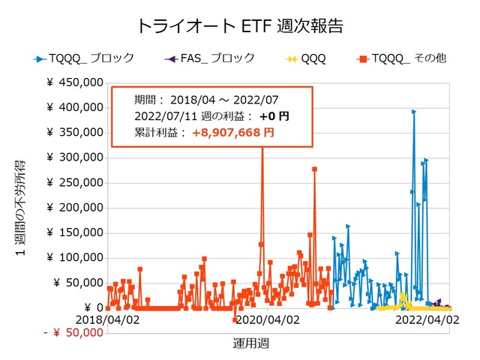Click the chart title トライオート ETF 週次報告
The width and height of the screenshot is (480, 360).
pos(240,25)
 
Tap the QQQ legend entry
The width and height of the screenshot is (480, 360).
pos(312,58)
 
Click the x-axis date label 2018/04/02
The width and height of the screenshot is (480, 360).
pos(108,319)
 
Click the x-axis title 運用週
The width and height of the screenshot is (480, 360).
pos(251,343)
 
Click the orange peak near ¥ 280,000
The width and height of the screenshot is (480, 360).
pos(314,169)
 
